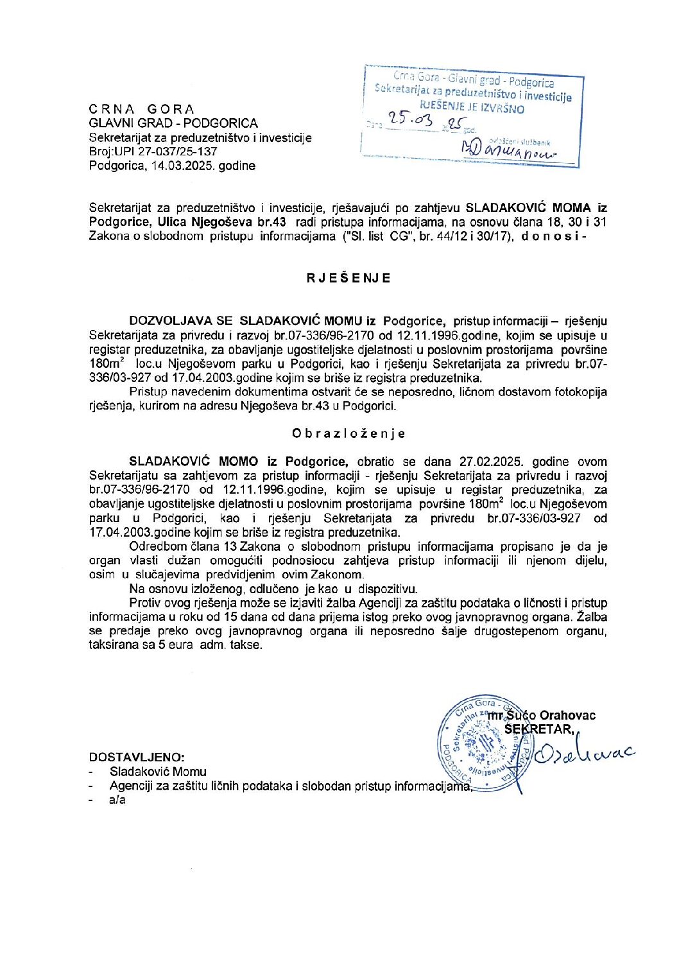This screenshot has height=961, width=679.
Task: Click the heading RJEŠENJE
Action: coord(348,278)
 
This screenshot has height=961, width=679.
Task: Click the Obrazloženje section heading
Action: coord(348,433)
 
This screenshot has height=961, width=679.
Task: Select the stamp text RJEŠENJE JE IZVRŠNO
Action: coord(472,108)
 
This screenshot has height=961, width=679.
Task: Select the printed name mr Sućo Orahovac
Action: coord(542,715)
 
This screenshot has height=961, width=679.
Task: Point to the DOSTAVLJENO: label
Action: coord(137,758)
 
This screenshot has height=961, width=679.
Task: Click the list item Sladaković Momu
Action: coord(158,772)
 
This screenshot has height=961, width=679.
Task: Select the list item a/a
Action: coord(117,800)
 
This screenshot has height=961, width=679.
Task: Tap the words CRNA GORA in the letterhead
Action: coord(141,108)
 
